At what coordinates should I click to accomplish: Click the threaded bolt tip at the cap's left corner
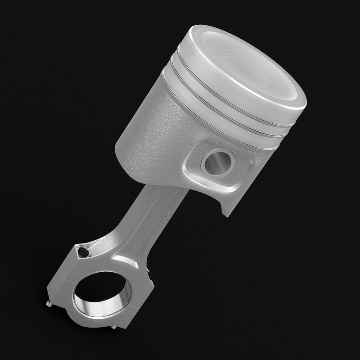pyautogui.click(x=48, y=305)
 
